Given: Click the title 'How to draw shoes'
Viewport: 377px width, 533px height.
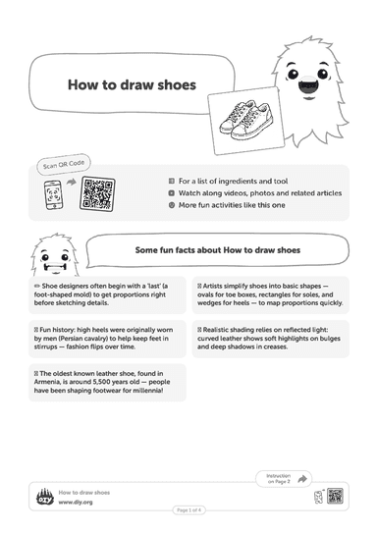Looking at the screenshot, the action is (132, 84).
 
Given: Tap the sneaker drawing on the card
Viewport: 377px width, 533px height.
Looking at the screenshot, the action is (245, 121).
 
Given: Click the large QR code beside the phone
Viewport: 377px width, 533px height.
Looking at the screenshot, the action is (97, 193).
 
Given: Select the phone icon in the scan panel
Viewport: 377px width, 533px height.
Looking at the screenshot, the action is (54, 194).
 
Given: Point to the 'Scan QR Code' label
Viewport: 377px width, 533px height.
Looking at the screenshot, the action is (64, 164).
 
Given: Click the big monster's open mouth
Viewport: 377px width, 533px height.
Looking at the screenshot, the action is (308, 85).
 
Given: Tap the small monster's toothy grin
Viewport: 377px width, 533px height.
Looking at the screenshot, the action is (55, 268).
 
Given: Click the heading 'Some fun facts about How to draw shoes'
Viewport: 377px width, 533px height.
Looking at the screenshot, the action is (218, 250).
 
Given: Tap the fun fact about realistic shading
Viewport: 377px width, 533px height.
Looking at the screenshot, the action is (271, 339).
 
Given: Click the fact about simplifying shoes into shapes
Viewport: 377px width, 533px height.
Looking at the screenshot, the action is (271, 294).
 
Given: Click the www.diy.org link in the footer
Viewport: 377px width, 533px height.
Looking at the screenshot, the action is (76, 502).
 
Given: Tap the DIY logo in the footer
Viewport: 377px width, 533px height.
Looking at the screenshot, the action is (45, 497).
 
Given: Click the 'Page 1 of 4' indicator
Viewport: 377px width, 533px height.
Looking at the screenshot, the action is (189, 509).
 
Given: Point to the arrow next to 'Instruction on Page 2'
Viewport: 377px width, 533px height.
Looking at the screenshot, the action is (301, 479).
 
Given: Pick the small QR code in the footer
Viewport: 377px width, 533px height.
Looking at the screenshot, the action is (335, 496).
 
